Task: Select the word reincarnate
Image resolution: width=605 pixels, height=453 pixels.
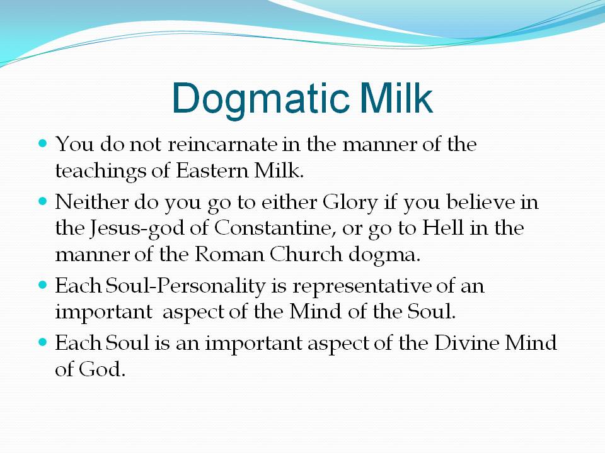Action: (222, 144)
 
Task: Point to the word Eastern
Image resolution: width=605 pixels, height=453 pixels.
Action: (212, 171)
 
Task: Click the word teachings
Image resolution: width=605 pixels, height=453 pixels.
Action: (100, 171)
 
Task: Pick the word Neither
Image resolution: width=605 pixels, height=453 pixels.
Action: (91, 202)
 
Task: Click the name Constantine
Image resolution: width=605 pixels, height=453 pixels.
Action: (272, 228)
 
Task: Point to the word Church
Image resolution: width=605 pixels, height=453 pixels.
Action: (306, 254)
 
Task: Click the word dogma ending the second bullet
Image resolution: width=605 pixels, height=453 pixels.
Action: (382, 255)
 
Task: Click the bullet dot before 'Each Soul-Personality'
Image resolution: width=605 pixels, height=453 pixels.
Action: (43, 286)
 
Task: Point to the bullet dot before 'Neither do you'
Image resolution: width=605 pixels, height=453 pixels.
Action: (43, 201)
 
